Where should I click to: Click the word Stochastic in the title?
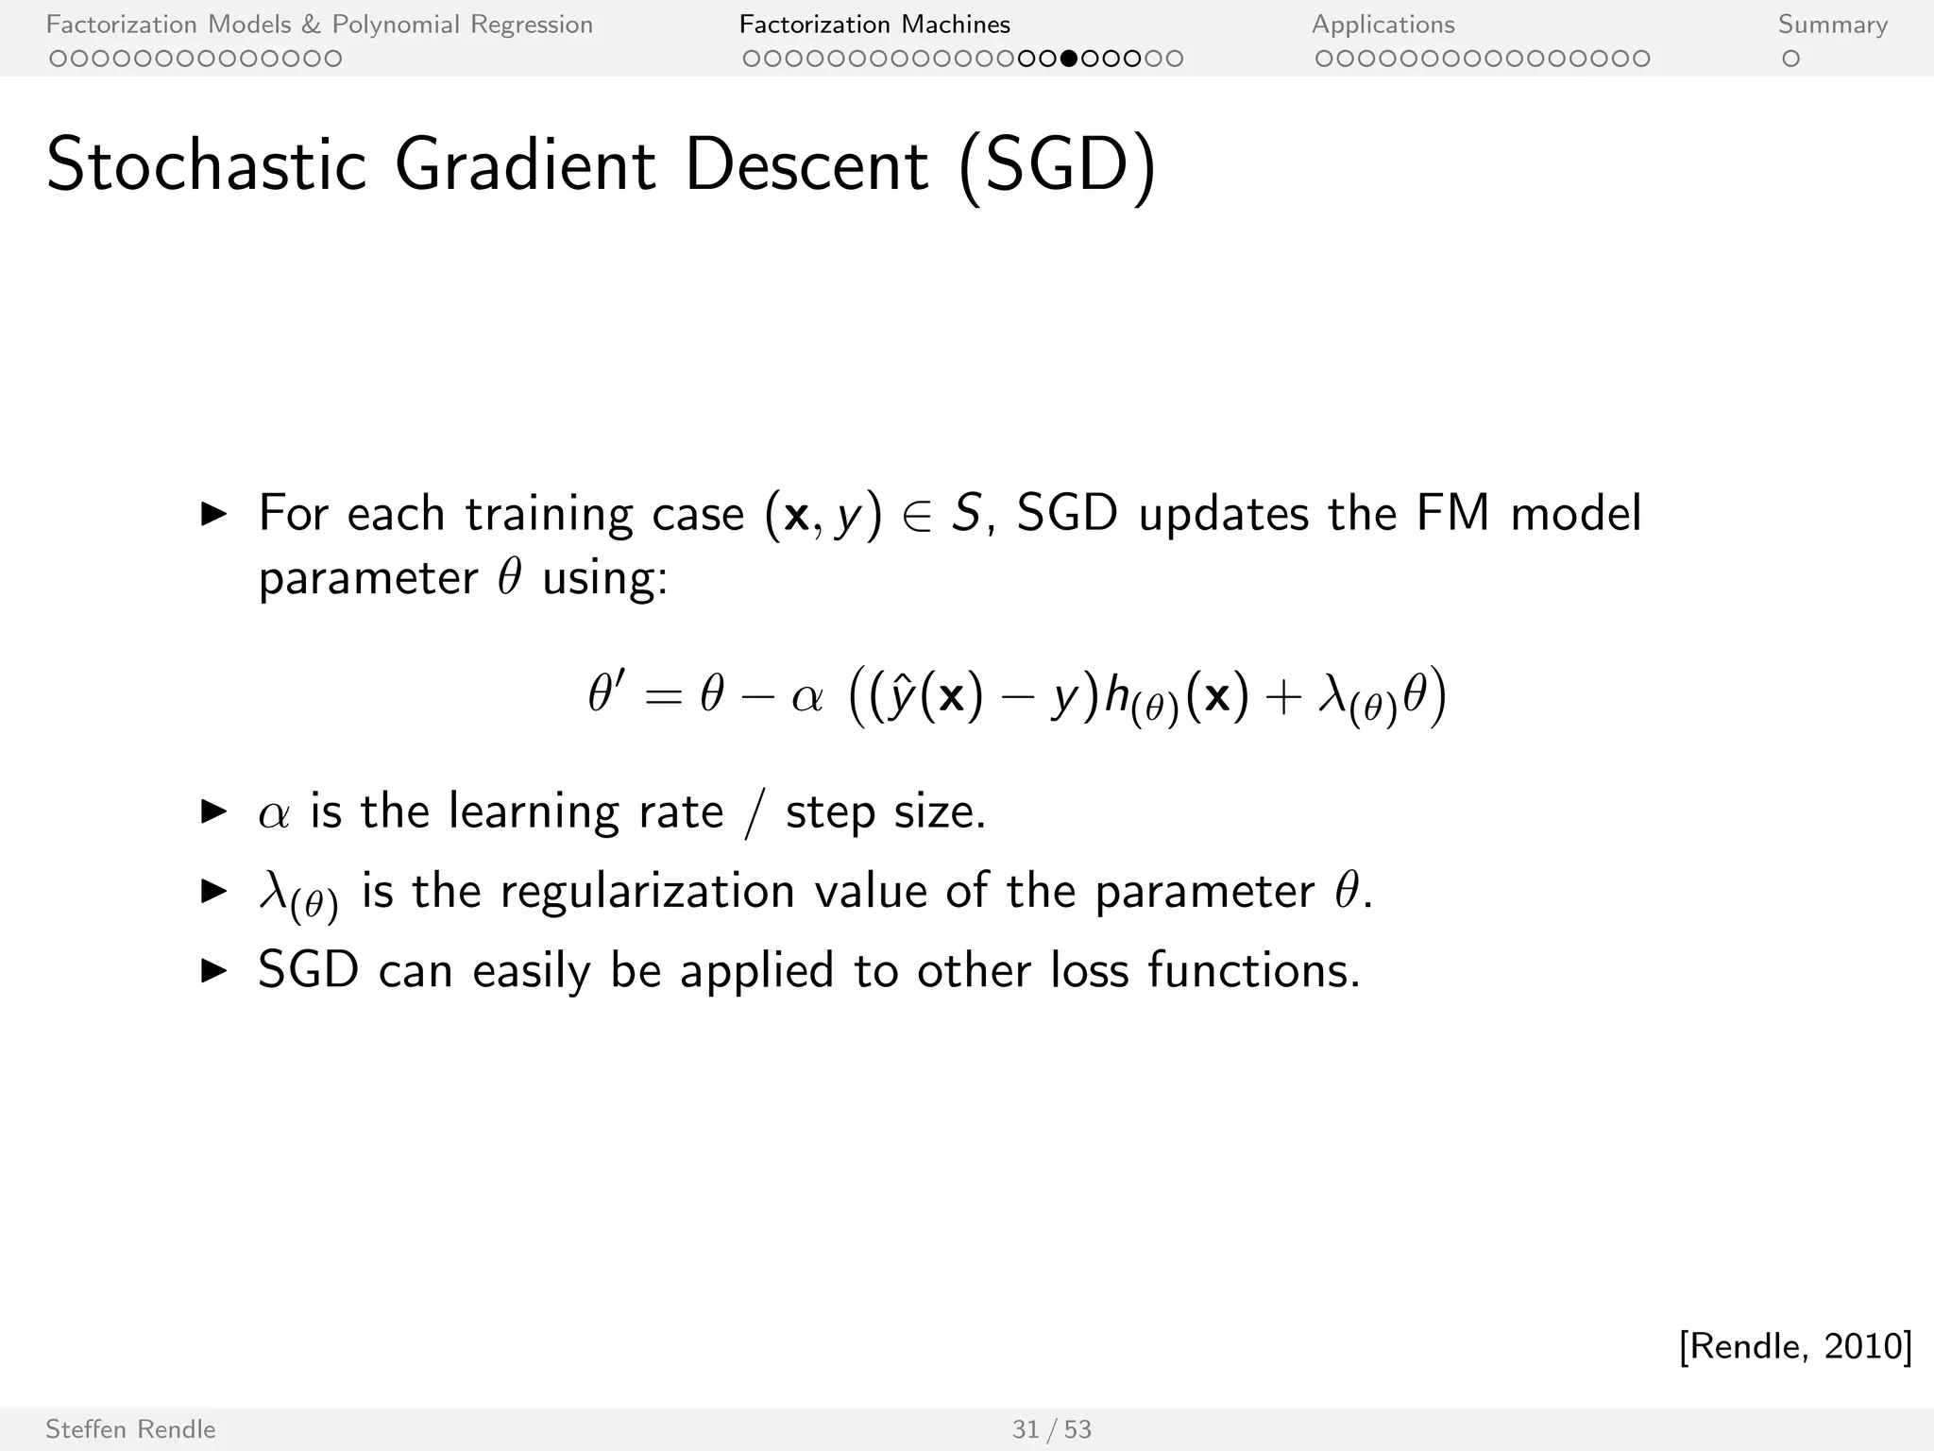tap(206, 165)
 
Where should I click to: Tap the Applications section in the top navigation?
tap(1383, 25)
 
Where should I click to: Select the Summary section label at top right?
tap(1832, 25)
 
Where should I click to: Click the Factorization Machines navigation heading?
tap(874, 25)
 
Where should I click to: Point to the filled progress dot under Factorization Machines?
tap(1068, 59)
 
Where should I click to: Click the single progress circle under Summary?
tap(1790, 59)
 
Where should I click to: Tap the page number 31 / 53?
tap(1051, 1429)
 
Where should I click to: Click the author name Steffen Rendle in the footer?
tap(130, 1429)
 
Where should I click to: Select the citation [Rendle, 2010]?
tap(1795, 1345)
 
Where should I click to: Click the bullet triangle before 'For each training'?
tap(214, 514)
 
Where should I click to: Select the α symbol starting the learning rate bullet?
tap(273, 813)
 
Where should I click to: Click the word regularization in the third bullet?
tap(647, 891)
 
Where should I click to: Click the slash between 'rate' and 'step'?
tap(753, 813)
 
